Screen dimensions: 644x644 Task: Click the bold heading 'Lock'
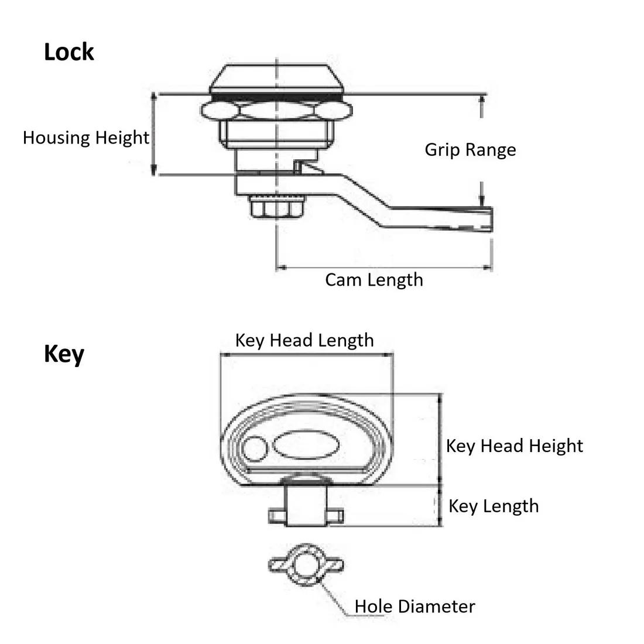68,52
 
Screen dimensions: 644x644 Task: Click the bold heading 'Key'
64,354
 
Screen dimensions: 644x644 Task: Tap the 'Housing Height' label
86,138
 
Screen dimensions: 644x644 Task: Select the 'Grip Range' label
470,149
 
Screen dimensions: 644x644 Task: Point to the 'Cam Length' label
374,279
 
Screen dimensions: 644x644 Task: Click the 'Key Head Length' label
304,340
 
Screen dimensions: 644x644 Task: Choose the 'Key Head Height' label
514,446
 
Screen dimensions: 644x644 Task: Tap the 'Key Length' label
493,506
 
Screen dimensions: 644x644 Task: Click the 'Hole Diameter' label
415,606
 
